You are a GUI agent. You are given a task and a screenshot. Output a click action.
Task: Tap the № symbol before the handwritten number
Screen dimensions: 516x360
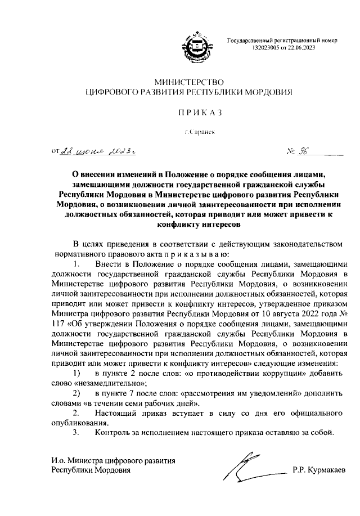tap(292, 150)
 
